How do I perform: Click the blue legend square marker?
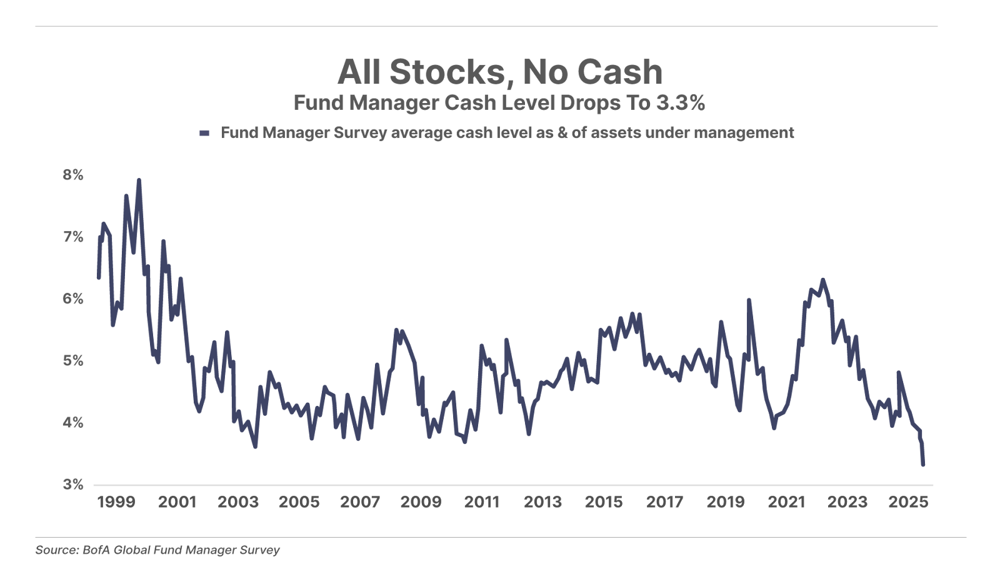coord(203,133)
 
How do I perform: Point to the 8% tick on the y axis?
coord(72,175)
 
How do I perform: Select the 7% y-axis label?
coord(72,237)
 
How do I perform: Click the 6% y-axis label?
coord(72,298)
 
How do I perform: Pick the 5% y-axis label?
coord(72,360)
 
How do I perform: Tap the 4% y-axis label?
coord(72,422)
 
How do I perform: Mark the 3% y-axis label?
coord(72,484)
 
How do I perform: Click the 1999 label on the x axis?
coord(116,502)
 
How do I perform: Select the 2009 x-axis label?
coord(421,502)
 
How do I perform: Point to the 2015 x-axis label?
coord(603,502)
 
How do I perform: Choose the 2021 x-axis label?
coord(786,502)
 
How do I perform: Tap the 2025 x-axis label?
coord(908,502)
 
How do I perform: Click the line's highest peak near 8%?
coord(139,180)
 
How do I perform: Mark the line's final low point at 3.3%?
coord(923,464)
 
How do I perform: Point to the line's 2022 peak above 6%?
coord(822,280)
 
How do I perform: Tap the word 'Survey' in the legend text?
coord(363,133)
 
